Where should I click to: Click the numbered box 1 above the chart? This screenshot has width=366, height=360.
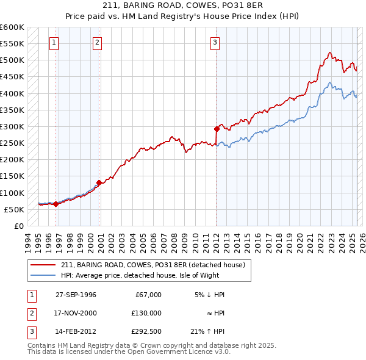pos(55,43)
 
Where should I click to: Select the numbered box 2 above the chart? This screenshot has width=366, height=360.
pos(98,43)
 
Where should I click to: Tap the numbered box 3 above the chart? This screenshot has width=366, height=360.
pos(215,43)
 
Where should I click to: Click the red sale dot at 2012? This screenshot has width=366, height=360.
pos(217,129)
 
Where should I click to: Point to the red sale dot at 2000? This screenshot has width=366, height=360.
pos(99,182)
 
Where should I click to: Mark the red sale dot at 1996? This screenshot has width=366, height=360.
pos(56,204)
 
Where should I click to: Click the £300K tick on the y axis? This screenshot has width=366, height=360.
pos(13,127)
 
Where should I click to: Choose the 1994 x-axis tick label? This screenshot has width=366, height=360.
pos(26,240)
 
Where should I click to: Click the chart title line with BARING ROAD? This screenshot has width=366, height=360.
pos(182,7)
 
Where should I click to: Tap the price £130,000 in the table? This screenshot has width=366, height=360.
pos(146,313)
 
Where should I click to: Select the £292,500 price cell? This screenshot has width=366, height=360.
pos(146,332)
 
